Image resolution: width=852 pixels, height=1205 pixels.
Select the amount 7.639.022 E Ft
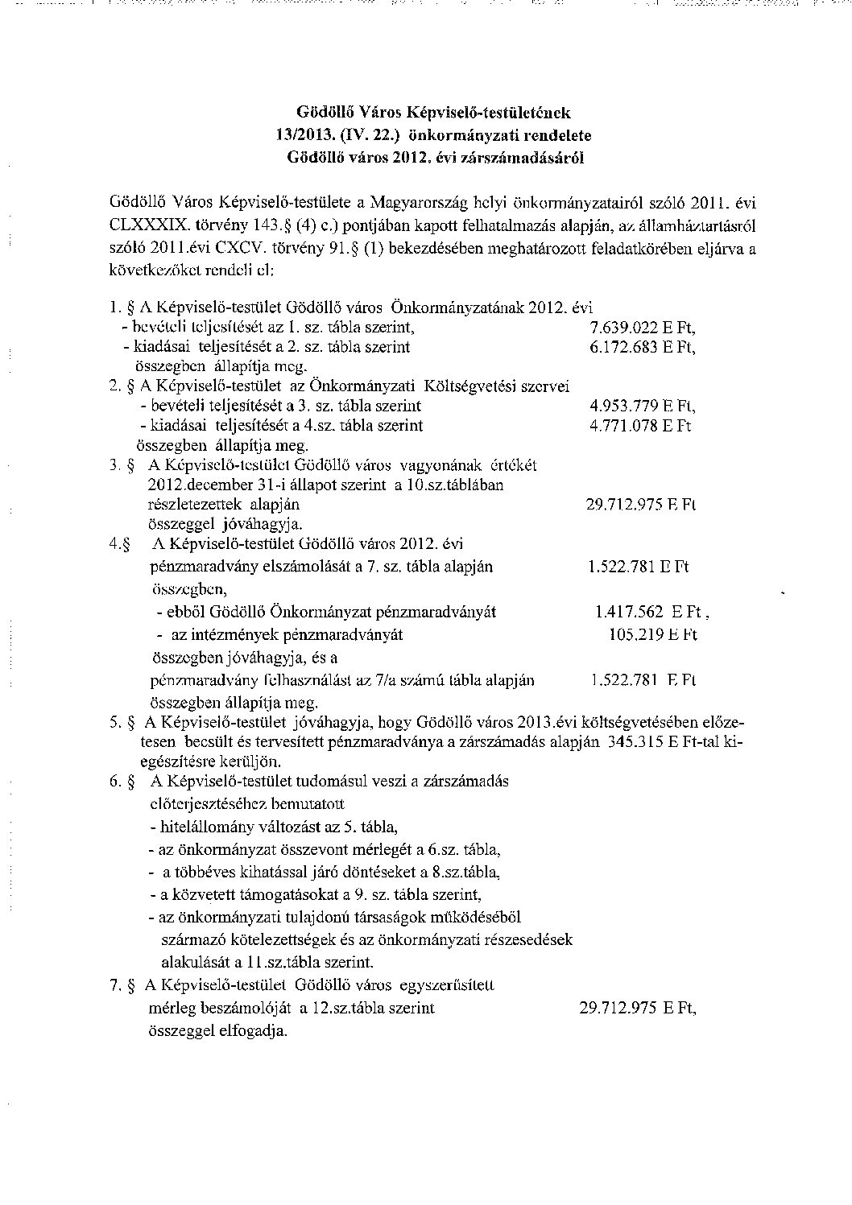642,328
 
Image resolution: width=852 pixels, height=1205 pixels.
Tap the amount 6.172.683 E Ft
642,347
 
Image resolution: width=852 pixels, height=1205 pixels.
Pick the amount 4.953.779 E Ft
643,406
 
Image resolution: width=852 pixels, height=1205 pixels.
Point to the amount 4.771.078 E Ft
640,425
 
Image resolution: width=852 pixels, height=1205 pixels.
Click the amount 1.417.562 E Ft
650,612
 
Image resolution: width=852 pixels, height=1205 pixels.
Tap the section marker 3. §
122,465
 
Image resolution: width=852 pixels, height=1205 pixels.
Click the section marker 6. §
122,782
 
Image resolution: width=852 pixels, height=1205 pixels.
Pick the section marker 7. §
122,984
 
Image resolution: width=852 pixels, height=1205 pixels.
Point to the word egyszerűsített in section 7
446,984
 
